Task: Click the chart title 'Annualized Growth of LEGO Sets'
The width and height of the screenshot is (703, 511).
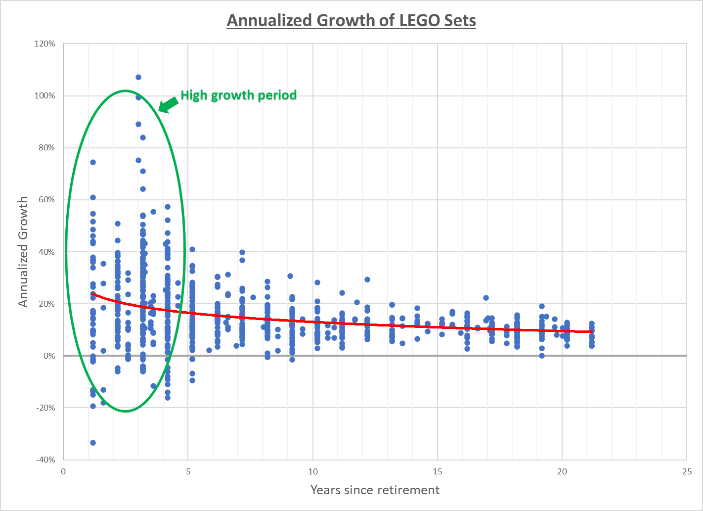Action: pyautogui.click(x=351, y=21)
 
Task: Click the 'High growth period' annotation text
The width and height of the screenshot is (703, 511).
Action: pyautogui.click(x=238, y=95)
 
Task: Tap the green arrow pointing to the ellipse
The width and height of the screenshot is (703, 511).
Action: pyautogui.click(x=168, y=105)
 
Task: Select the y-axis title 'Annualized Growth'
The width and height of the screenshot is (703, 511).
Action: pyautogui.click(x=23, y=252)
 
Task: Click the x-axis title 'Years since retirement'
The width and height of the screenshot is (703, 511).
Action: pyautogui.click(x=375, y=490)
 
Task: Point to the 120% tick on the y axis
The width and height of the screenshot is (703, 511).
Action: pyautogui.click(x=45, y=44)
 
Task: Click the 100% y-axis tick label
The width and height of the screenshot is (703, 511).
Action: pyautogui.click(x=45, y=96)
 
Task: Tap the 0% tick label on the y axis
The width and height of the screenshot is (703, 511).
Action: pyautogui.click(x=48, y=356)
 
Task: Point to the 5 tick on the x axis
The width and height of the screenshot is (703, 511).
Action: pyautogui.click(x=188, y=471)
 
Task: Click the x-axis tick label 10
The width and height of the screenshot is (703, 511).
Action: pyautogui.click(x=313, y=471)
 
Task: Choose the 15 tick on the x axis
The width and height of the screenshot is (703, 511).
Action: pyautogui.click(x=438, y=471)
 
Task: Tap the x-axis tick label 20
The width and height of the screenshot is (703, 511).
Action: pyautogui.click(x=562, y=471)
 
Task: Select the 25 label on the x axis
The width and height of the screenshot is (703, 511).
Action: pyautogui.click(x=687, y=471)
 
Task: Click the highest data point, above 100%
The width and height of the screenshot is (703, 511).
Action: pyautogui.click(x=138, y=77)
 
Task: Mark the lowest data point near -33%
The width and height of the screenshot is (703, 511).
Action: pyautogui.click(x=93, y=443)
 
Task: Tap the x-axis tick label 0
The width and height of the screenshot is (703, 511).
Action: pyautogui.click(x=63, y=471)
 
